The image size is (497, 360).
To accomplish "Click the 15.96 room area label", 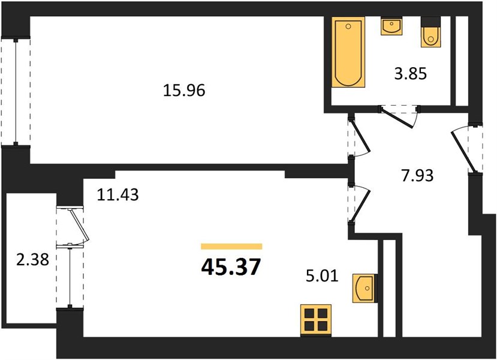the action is [184, 91].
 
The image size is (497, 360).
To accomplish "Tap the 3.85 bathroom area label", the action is [411, 74].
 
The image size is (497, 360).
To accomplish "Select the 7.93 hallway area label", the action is [417, 175].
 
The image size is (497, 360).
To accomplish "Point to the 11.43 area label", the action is [118, 194].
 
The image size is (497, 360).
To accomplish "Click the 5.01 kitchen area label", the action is [322, 276].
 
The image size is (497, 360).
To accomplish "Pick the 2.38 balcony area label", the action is [33, 260].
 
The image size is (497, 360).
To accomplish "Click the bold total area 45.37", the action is [231, 267].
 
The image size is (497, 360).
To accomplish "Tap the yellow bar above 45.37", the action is [231, 247].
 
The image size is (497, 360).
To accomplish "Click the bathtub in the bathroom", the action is [348, 52].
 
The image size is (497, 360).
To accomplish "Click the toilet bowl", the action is [430, 37].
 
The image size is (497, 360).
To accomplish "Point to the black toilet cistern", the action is [430, 22].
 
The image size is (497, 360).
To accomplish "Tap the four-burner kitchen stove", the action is [316, 320].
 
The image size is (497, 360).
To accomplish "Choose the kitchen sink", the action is [363, 288].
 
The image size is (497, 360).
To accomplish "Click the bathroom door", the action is [399, 118].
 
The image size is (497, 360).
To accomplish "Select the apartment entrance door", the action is [463, 149].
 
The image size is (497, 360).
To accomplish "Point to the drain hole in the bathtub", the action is [348, 26].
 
